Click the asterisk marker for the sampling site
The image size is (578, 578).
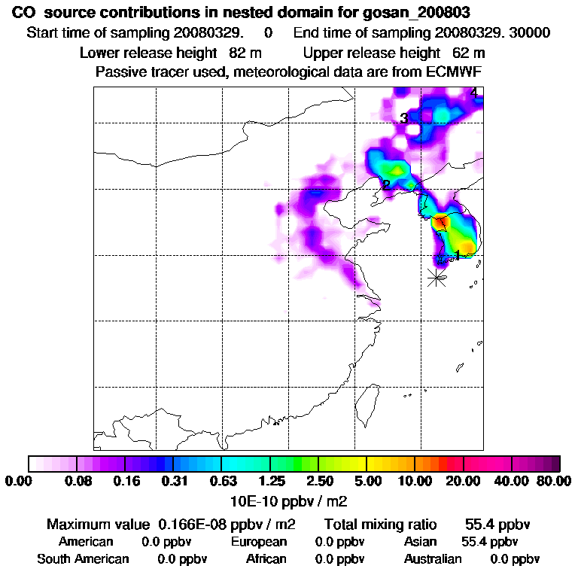(437, 277)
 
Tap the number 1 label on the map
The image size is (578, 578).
(458, 254)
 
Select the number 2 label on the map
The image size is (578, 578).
(385, 185)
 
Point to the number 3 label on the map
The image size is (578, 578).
(404, 118)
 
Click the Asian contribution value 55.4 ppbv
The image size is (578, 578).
(489, 542)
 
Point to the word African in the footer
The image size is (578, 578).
(266, 559)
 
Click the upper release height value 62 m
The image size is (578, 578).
(469, 53)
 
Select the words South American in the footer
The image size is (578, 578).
(83, 559)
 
